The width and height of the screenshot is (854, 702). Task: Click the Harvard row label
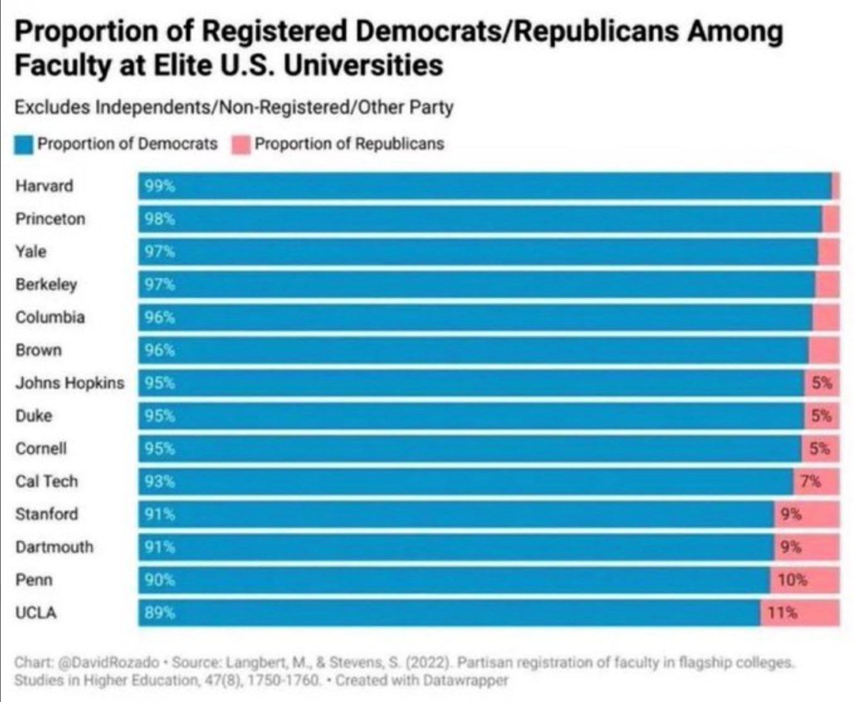[x=44, y=186]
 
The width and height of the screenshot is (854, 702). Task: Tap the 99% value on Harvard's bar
[x=159, y=187]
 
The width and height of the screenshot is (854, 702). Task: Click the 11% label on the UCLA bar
[x=782, y=613]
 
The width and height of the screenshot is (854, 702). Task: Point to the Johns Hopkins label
[x=70, y=383]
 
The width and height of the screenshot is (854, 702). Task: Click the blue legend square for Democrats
[x=24, y=145]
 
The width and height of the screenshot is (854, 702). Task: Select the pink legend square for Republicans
[x=241, y=145]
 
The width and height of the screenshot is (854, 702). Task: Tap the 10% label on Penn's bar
[x=792, y=580]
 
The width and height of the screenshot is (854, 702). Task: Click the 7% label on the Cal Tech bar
[x=810, y=482]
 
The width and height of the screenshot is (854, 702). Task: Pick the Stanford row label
[x=47, y=514]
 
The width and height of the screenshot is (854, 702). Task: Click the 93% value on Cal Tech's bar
[x=159, y=482]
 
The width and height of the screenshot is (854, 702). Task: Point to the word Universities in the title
[x=363, y=65]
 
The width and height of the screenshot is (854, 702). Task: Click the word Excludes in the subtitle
[x=52, y=107]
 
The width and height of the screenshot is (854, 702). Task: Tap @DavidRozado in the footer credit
[x=109, y=663]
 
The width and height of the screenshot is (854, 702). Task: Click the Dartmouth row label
[x=54, y=547]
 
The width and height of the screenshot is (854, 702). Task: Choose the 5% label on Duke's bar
[x=821, y=416]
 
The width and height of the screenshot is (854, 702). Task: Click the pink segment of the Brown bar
[x=824, y=350]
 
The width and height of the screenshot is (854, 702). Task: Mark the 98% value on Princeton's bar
[x=159, y=219]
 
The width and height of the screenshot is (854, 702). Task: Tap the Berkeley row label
[x=46, y=285]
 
